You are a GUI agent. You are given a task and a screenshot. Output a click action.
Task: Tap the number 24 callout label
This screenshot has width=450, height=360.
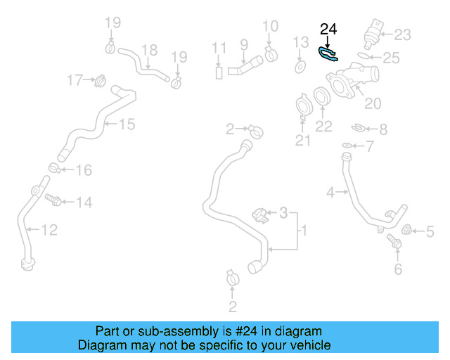[x=328, y=30]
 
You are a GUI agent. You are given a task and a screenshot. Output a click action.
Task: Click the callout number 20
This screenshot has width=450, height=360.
[x=373, y=103]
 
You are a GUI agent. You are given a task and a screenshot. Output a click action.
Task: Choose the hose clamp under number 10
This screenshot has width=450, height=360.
[x=271, y=54]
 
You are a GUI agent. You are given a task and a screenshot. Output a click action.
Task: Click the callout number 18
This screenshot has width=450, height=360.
[x=149, y=49]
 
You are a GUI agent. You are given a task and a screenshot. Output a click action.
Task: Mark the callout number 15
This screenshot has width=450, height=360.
[x=126, y=124]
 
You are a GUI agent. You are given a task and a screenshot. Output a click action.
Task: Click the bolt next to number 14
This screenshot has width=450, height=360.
[x=51, y=201]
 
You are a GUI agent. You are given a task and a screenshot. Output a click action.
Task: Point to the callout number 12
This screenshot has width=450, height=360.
[x=49, y=229]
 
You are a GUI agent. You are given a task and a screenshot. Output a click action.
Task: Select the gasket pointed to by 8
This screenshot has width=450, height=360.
[x=358, y=129]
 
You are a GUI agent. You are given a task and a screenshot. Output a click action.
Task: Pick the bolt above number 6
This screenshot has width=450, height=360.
[x=394, y=243]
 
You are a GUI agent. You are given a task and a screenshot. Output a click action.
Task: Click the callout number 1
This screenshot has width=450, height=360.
[x=304, y=230]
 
